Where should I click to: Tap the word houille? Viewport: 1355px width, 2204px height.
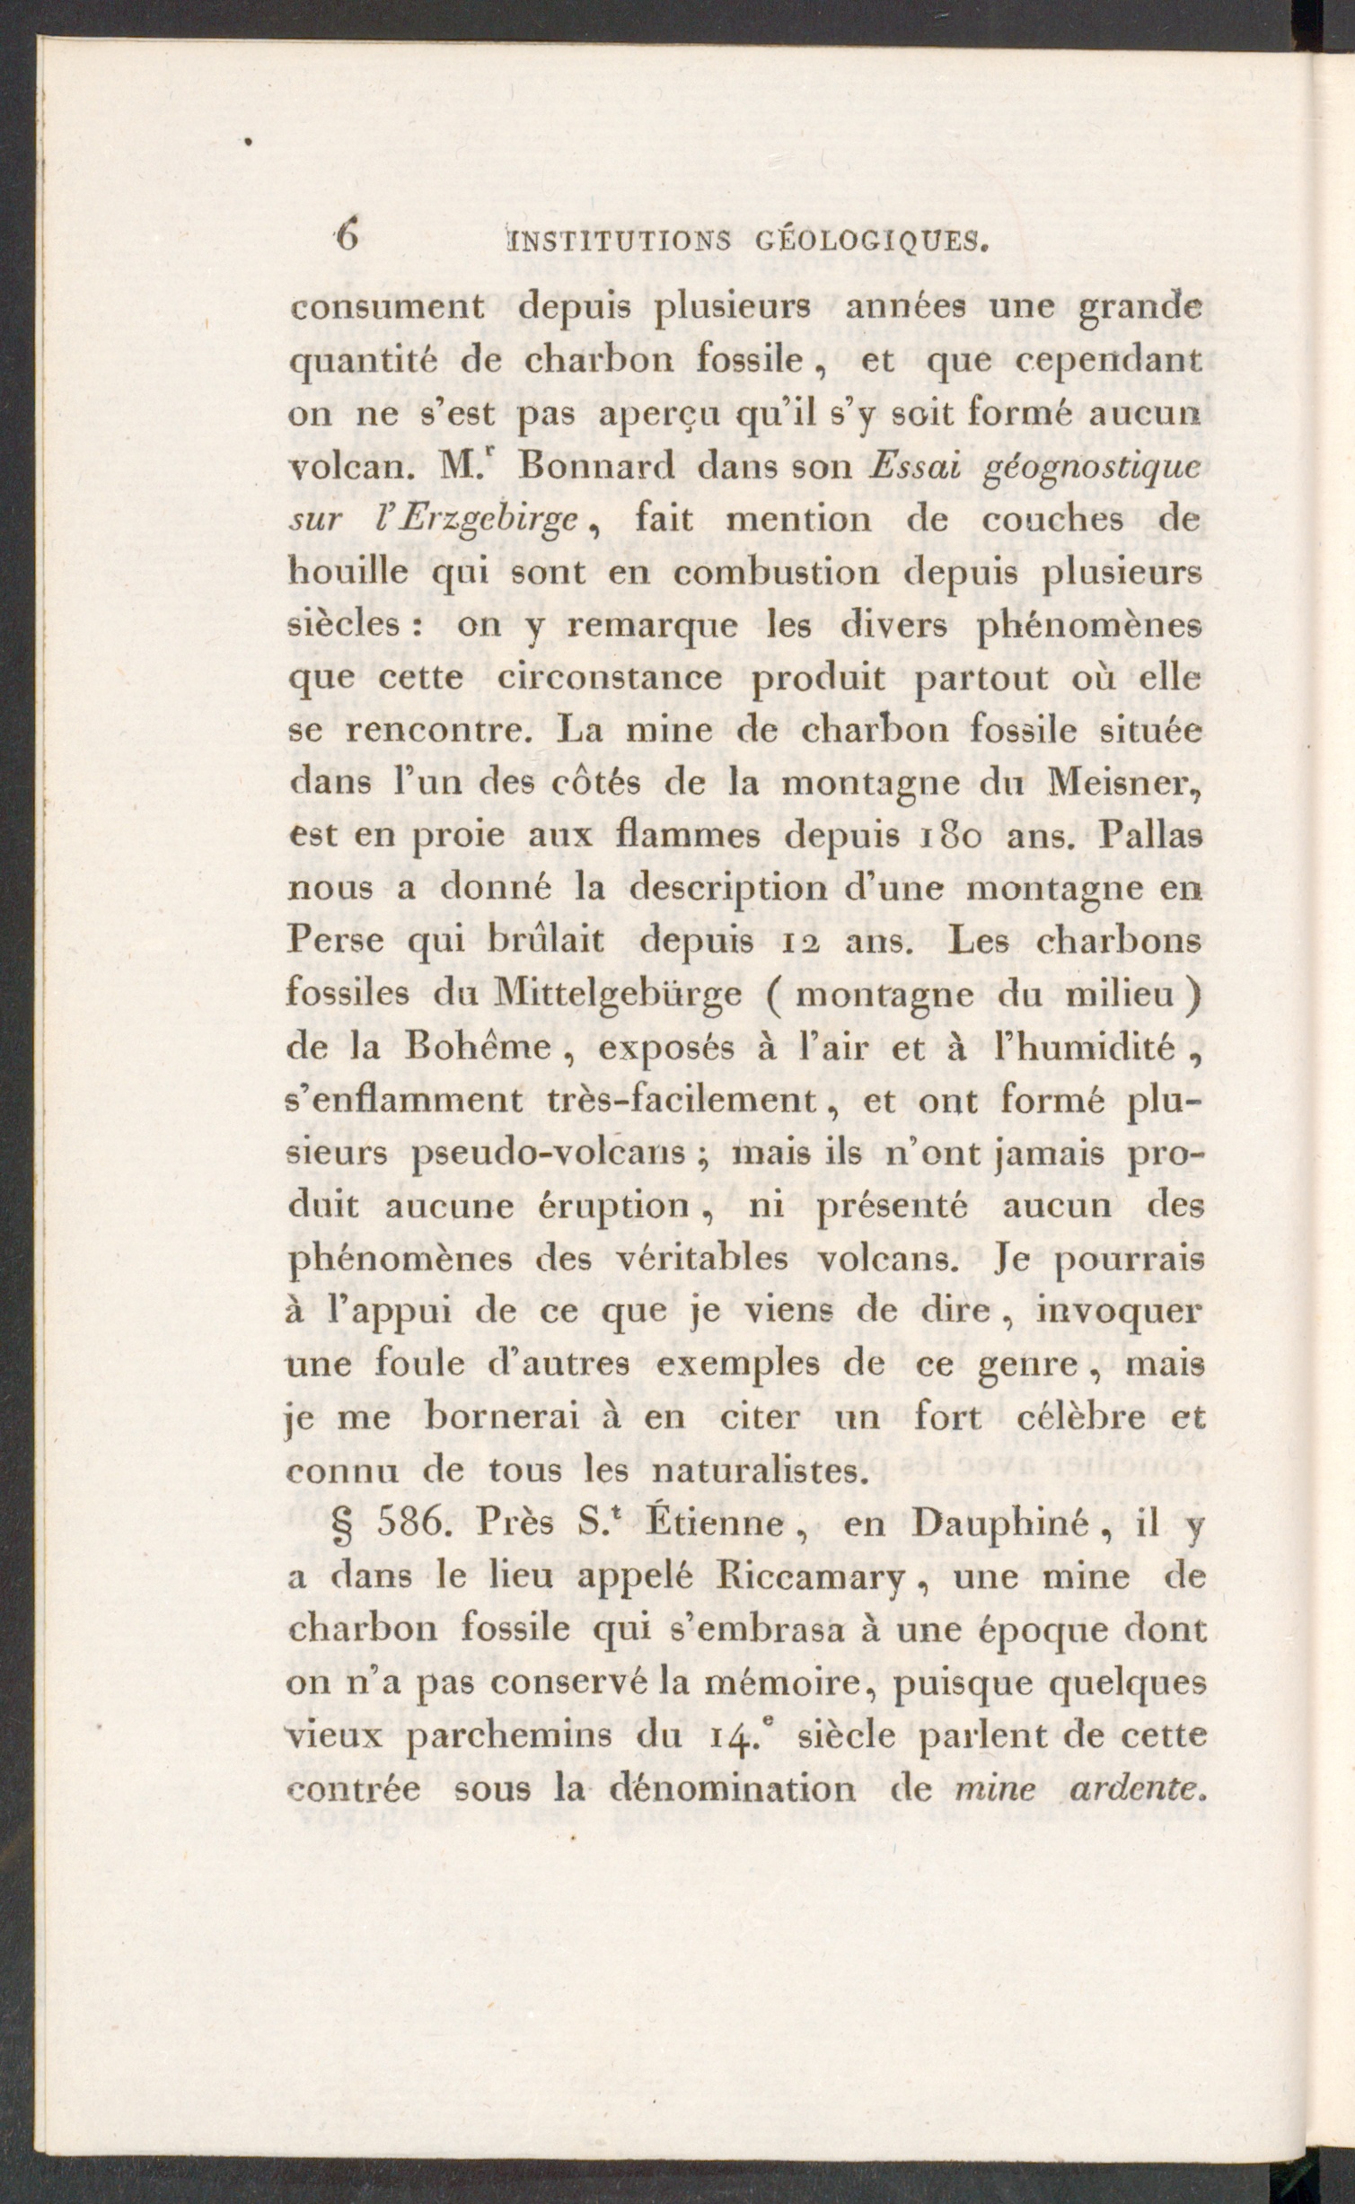[339, 572]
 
